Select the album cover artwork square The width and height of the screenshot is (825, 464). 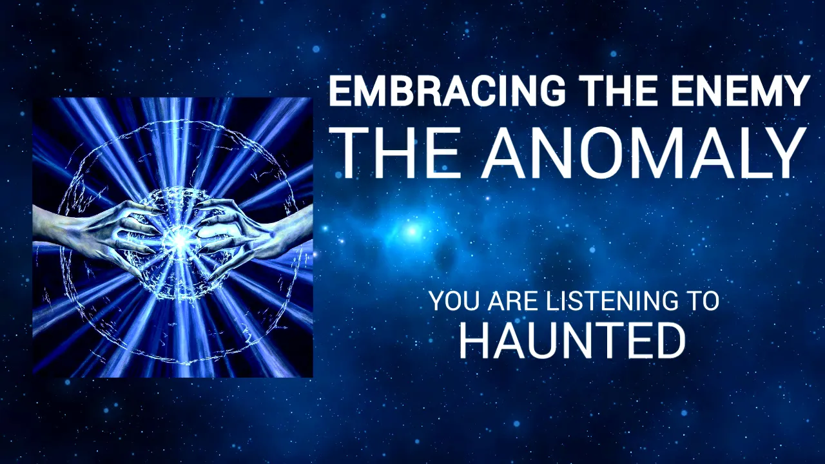coord(173,237)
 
